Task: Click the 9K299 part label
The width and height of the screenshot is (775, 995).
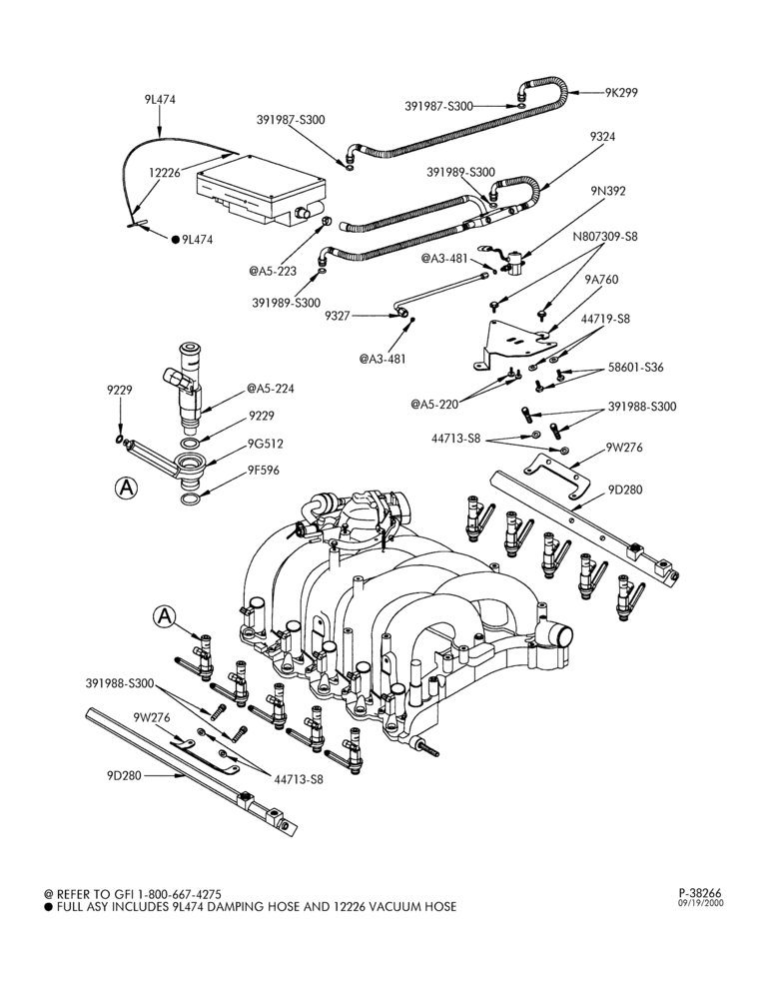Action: (621, 93)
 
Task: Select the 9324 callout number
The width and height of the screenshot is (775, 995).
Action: (602, 137)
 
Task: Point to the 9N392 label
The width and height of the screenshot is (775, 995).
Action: (607, 191)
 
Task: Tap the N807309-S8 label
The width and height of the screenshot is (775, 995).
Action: (605, 237)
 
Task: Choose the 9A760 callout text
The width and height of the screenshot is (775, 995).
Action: (600, 279)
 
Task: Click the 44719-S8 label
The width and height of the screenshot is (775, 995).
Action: (605, 319)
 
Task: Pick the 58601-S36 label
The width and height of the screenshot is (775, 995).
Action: (636, 368)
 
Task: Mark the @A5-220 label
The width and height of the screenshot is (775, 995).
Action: (434, 403)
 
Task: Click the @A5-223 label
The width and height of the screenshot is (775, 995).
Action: (273, 271)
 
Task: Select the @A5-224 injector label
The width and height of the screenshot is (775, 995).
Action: (271, 389)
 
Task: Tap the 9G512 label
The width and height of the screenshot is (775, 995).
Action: (266, 444)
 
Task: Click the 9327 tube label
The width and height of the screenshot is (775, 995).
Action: (338, 316)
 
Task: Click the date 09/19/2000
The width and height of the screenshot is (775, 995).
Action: (701, 903)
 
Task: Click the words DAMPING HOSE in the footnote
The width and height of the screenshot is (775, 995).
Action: (240, 907)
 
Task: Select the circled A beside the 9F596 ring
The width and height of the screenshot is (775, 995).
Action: (127, 488)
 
